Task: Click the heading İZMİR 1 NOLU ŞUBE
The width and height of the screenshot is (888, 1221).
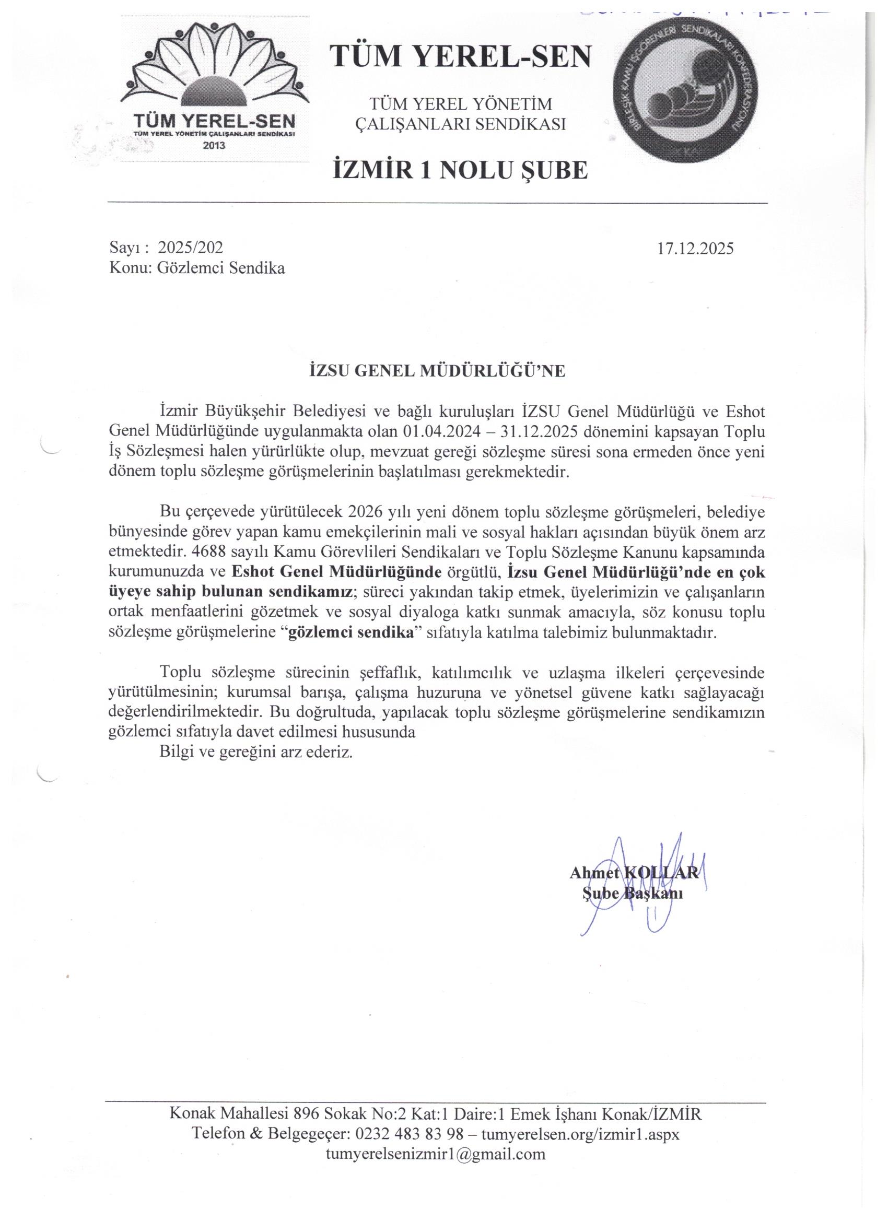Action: [x=460, y=171]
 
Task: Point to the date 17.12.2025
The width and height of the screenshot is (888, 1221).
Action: [x=695, y=248]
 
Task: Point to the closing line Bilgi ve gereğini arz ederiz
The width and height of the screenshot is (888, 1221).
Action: [x=256, y=753]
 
